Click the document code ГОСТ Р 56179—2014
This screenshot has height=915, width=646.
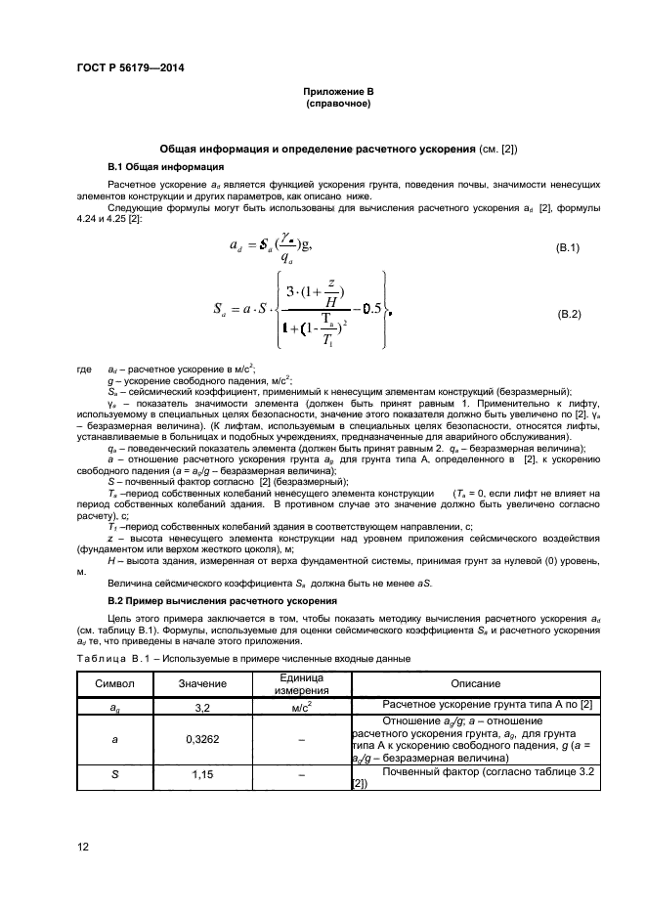tap(130, 67)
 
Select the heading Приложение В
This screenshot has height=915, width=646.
tap(336, 92)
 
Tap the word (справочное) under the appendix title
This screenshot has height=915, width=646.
tap(336, 103)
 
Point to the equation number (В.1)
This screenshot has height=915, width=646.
tap(569, 248)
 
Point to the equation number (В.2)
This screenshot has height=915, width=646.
tap(569, 314)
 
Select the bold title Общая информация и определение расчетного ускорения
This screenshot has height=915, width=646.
tap(318, 148)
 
